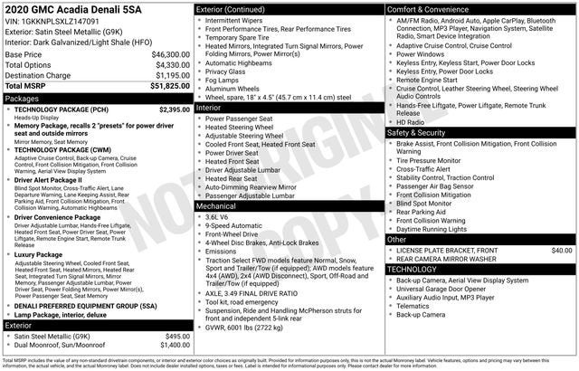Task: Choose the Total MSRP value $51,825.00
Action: (168, 87)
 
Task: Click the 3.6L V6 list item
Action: (216, 217)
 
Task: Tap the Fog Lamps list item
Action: (223, 80)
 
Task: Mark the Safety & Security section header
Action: (416, 132)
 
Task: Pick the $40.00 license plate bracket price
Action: (561, 249)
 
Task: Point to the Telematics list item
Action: (414, 306)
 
